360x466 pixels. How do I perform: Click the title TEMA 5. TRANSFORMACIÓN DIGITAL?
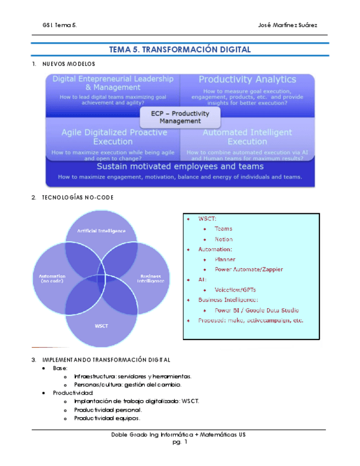pyautogui.click(x=180, y=49)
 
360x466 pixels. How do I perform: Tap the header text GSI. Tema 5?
pyautogui.click(x=60, y=25)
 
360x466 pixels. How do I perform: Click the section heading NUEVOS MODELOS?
pyautogui.click(x=69, y=64)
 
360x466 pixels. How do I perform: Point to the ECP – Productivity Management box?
pyautogui.click(x=180, y=117)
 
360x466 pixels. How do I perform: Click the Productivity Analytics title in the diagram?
pyautogui.click(x=247, y=80)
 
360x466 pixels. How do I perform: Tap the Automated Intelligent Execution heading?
pyautogui.click(x=247, y=137)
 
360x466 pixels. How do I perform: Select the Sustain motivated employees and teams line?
pyautogui.click(x=180, y=165)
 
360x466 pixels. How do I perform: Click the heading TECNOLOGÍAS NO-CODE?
pyautogui.click(x=77, y=197)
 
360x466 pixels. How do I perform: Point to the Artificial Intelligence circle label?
pyautogui.click(x=101, y=231)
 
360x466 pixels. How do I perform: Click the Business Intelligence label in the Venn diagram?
pyautogui.click(x=152, y=278)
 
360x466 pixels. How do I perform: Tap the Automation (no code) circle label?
pyautogui.click(x=52, y=278)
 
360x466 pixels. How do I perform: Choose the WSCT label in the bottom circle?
pyautogui.click(x=101, y=326)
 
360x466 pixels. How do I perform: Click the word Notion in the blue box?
pyautogui.click(x=224, y=239)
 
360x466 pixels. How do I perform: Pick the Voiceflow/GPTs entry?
pyautogui.click(x=235, y=290)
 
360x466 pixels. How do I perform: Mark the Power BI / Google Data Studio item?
pyautogui.click(x=257, y=310)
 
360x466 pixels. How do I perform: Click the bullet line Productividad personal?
pyautogui.click(x=108, y=409)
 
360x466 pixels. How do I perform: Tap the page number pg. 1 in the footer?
pyautogui.click(x=180, y=441)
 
